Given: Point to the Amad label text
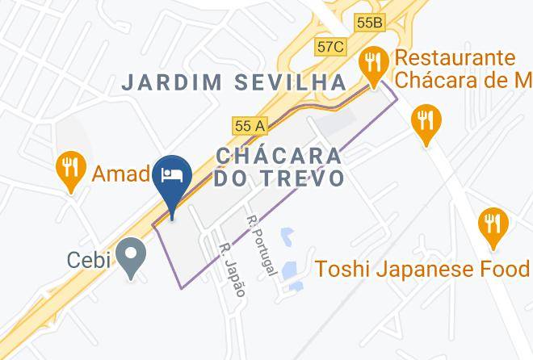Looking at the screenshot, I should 120,174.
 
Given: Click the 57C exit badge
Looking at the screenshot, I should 331,48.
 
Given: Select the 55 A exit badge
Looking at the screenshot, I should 250,126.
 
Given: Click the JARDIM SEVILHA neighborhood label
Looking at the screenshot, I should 233,82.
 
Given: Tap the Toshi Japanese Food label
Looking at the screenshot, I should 422,268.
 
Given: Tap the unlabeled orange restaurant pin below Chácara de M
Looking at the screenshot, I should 425,123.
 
